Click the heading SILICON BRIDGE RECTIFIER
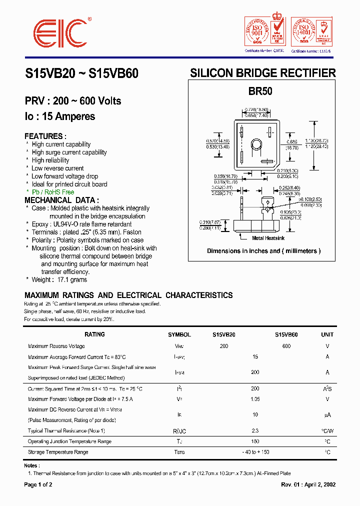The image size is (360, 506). [x=262, y=73]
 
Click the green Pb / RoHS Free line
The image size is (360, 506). [x=53, y=192]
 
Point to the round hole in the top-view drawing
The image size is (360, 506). [x=256, y=145]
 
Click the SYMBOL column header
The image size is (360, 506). [x=179, y=334]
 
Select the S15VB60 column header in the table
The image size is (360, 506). [x=286, y=334]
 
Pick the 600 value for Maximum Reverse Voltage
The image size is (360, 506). [x=286, y=346]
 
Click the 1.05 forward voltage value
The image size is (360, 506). [x=255, y=399]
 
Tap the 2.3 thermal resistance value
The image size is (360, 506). [x=255, y=430]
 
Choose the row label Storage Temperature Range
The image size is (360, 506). [x=58, y=452]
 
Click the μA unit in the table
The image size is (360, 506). [x=327, y=415]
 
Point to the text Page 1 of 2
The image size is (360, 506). [x=38, y=484]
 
